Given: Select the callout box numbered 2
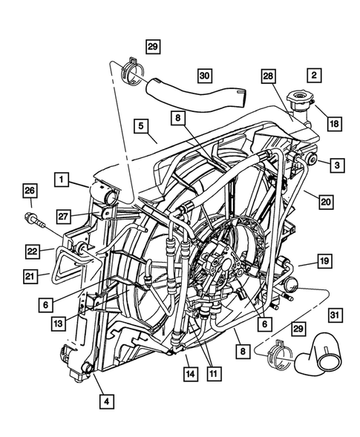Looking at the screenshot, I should [314, 75].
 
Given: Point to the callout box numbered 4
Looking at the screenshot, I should [108, 402].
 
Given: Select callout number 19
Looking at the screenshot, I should [324, 261].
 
